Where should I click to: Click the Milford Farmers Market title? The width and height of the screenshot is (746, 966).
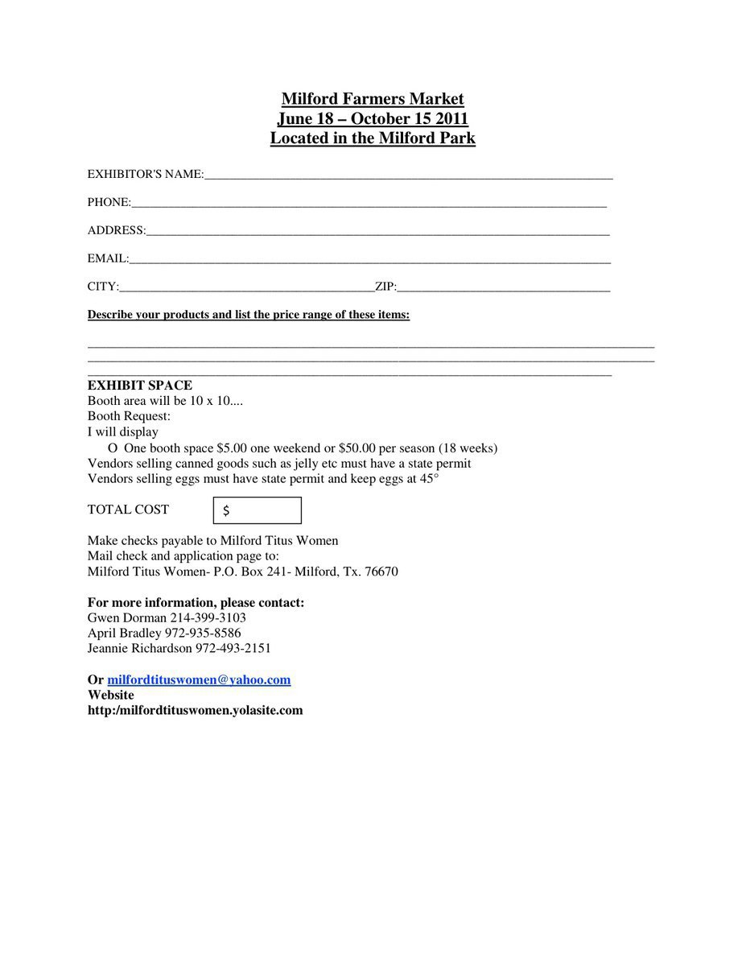(373, 99)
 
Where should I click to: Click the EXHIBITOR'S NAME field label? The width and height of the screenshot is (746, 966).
(145, 174)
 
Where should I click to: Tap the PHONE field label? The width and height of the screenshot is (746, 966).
(109, 202)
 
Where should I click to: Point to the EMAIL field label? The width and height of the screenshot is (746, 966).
(108, 258)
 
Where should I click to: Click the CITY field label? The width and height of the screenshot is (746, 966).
(103, 287)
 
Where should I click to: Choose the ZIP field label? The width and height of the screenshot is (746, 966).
(385, 287)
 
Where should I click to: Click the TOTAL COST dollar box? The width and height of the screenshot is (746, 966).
(258, 510)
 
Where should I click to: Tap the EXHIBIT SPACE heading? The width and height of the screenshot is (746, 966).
(140, 386)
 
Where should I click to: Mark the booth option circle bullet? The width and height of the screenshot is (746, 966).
(112, 448)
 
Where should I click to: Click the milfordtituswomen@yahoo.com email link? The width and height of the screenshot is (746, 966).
(199, 679)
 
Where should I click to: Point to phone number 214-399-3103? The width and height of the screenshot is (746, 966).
(208, 617)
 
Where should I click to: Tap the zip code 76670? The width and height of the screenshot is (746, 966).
(381, 572)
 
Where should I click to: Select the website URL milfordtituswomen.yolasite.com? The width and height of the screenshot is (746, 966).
(196, 710)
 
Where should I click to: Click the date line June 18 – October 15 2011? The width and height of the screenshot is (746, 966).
(373, 119)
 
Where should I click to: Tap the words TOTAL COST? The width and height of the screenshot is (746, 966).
(128, 510)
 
